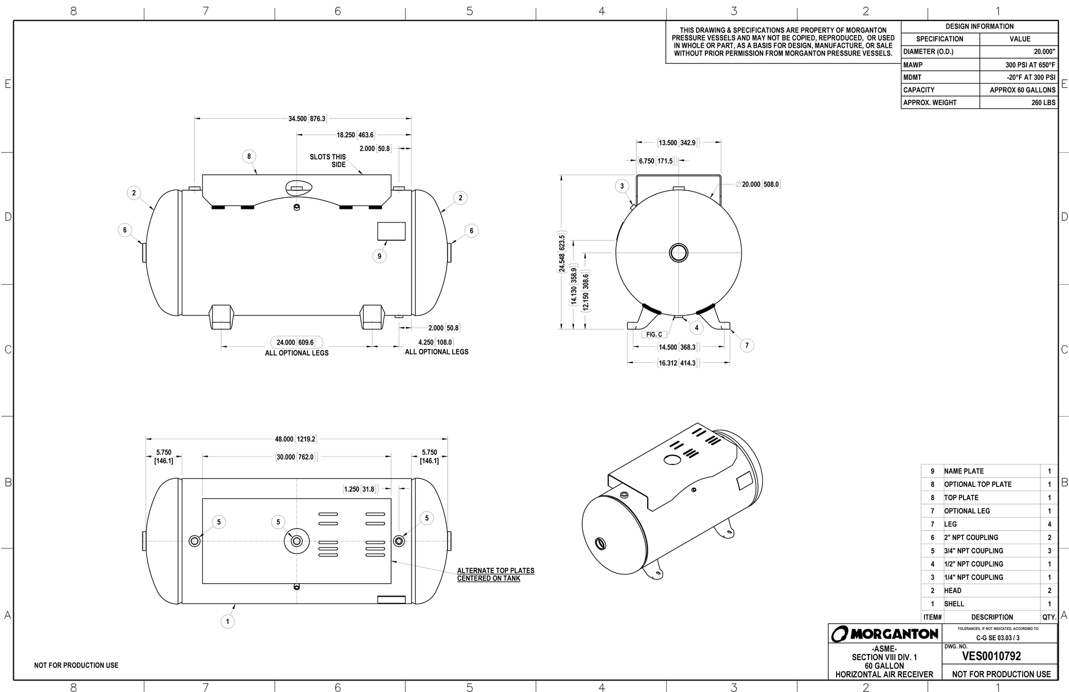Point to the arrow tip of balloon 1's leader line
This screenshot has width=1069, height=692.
point(236,604)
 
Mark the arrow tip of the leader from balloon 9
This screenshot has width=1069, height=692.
point(387,241)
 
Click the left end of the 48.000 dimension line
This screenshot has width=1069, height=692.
point(146,439)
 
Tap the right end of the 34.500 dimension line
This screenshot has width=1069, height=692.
point(411,118)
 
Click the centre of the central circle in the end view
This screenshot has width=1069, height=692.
point(679,253)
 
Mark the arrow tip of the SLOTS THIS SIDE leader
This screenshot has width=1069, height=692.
point(363,174)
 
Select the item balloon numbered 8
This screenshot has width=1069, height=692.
point(249,157)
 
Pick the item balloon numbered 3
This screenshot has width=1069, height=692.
point(622,186)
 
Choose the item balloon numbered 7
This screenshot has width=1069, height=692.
point(747,345)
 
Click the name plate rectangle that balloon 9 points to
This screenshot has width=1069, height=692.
point(391,231)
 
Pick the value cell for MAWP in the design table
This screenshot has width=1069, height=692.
point(1019,65)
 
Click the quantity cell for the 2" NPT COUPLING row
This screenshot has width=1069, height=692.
point(1049,538)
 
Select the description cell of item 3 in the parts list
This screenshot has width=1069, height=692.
point(992,577)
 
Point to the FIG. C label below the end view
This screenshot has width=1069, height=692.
point(654,335)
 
